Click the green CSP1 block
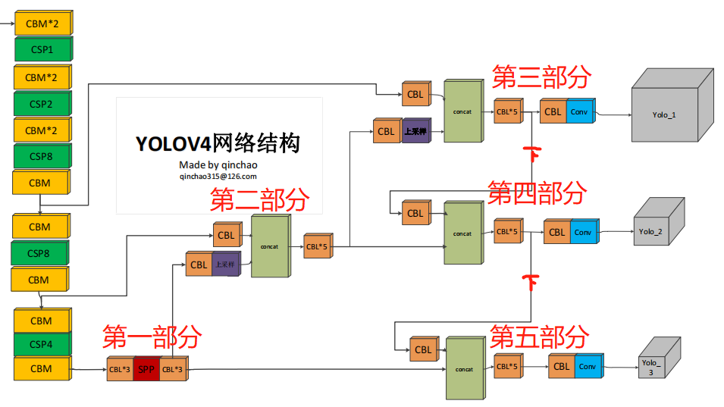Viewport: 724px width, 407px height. point(42,50)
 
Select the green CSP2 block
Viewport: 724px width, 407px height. point(42,104)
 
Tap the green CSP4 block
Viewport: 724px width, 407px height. point(42,345)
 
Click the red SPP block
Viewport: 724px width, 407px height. point(146,370)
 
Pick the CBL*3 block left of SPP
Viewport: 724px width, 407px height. point(120,370)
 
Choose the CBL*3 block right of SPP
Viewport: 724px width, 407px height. point(173,370)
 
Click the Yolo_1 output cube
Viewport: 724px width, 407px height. point(665,114)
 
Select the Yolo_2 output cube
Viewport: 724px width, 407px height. point(650,231)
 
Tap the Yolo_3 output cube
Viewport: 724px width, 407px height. point(650,367)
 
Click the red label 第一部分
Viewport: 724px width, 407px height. point(152,336)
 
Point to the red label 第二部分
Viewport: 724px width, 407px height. point(259,200)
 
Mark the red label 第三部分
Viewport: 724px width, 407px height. point(541,77)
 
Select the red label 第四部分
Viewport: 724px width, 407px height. point(537,193)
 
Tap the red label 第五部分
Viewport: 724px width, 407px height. point(539,336)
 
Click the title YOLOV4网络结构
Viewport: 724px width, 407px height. point(218,143)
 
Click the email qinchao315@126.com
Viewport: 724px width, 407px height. point(218,176)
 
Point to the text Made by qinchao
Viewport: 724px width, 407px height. point(218,164)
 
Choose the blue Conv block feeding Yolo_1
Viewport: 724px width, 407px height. point(580,112)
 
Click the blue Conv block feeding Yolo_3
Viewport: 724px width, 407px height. point(588,367)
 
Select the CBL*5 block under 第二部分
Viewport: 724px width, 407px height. point(317,247)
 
